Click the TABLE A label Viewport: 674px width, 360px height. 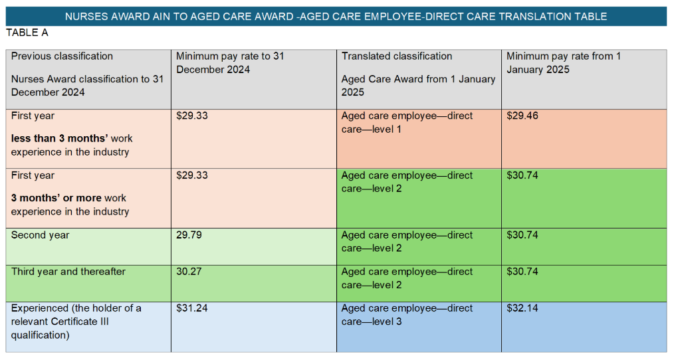tap(27, 33)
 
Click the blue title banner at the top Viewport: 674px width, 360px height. tap(336, 16)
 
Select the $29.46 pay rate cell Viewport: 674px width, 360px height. tap(522, 116)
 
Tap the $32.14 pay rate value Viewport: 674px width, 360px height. tap(522, 309)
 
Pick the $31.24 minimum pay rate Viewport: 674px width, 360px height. tap(192, 309)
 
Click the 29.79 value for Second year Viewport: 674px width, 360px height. tap(189, 236)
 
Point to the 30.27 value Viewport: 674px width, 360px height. tap(189, 272)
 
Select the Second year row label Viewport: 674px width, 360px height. tap(40, 236)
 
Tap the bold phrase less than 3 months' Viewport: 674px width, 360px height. tap(60, 139)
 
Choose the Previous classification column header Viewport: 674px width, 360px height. tap(62, 56)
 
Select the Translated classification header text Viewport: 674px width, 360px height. tap(396, 56)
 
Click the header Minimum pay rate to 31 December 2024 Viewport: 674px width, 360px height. tap(229, 62)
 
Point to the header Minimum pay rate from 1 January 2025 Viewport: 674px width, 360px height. tap(563, 62)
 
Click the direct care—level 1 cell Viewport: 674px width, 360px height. tap(407, 123)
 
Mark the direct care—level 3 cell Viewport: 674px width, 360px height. tap(407, 315)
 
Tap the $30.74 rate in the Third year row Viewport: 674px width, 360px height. tap(522, 272)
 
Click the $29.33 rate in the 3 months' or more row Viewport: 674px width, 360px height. tap(192, 176)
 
